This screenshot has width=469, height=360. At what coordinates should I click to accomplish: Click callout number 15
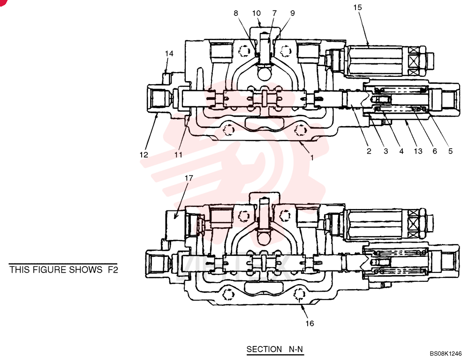[x=357, y=7]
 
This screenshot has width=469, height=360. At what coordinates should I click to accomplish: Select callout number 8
[x=236, y=13]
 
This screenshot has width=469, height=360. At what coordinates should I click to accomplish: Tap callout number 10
[x=257, y=13]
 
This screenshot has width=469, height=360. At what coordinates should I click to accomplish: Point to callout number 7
[x=274, y=13]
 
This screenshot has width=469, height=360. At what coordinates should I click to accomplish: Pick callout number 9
[x=292, y=13]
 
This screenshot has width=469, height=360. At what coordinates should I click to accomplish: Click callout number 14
[x=169, y=53]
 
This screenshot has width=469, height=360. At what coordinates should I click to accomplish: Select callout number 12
[x=144, y=155]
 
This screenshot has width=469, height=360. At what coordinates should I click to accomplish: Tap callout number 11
[x=178, y=155]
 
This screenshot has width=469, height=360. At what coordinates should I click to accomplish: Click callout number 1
[x=312, y=157]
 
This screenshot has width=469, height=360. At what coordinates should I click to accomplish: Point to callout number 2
[x=369, y=151]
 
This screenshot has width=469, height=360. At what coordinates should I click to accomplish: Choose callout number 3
[x=386, y=151]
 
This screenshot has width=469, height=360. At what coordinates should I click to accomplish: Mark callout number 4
[x=401, y=151]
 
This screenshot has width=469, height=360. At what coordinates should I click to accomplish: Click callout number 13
[x=418, y=151]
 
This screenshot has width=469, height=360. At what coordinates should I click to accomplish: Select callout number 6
[x=435, y=151]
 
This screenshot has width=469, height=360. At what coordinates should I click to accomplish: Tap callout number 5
[x=450, y=151]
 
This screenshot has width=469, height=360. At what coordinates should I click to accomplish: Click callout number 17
[x=189, y=178]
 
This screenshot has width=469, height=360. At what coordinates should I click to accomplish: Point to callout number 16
[x=310, y=323]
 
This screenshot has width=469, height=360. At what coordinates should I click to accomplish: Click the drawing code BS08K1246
[x=446, y=353]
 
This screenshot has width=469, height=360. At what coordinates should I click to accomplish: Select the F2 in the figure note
[x=113, y=270]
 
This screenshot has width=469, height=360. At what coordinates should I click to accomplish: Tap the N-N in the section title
[x=296, y=349]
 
